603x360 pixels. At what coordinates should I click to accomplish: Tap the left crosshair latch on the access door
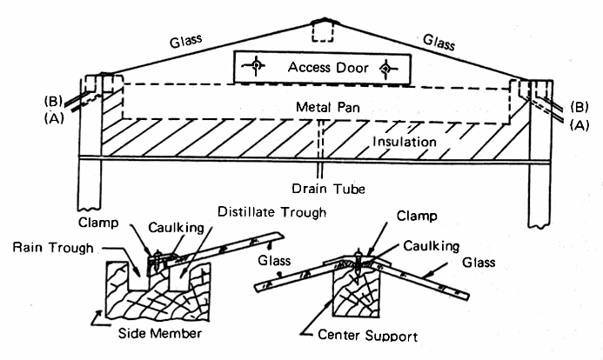tap(258, 67)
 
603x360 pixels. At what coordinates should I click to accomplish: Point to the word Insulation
tap(403, 141)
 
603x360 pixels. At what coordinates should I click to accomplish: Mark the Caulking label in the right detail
tap(425, 249)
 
